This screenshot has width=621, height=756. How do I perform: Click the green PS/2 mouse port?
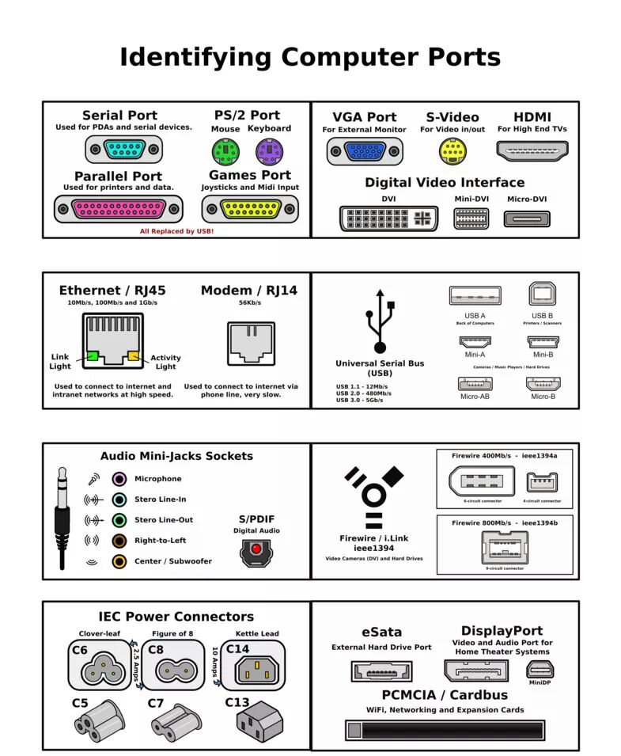(x=225, y=150)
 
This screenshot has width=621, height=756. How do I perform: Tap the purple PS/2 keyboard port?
(x=269, y=150)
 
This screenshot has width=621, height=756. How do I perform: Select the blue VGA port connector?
(x=364, y=150)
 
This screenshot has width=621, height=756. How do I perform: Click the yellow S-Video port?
(x=451, y=150)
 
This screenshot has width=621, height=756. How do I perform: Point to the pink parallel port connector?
(x=119, y=209)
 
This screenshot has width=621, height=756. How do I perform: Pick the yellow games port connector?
(x=250, y=209)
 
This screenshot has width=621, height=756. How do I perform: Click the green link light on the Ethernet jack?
(x=92, y=356)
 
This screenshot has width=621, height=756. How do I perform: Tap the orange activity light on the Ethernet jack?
(x=133, y=356)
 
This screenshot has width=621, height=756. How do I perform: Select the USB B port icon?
(x=542, y=294)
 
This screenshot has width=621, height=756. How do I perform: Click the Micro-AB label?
(x=475, y=396)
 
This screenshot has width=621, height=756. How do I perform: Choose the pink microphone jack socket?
(x=119, y=479)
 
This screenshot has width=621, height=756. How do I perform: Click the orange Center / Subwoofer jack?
(x=119, y=561)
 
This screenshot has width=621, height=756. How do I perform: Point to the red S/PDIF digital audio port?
(x=255, y=549)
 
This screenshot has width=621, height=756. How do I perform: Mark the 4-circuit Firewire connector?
(x=542, y=482)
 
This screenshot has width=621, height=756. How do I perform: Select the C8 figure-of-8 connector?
(x=173, y=666)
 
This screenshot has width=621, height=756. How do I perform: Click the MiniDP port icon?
(x=541, y=669)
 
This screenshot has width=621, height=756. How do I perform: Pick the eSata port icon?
(x=381, y=671)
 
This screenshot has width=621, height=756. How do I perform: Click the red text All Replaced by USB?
(x=176, y=231)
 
